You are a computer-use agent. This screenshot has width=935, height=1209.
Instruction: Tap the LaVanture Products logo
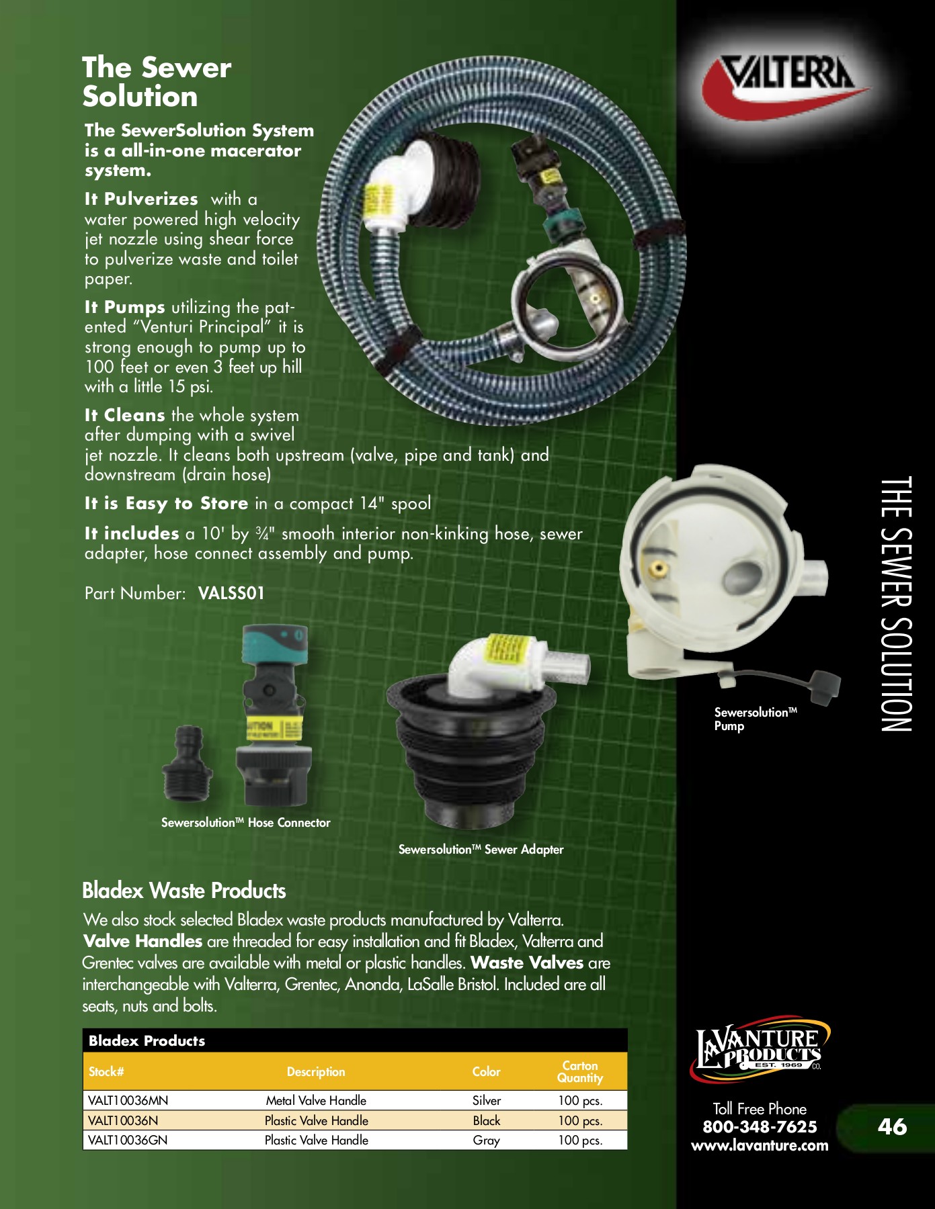pos(760,1048)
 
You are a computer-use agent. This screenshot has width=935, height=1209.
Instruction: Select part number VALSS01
pos(231,594)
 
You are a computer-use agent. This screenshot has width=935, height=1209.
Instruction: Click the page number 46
pos(892,1126)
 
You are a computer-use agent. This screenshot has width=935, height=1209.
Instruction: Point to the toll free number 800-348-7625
pos(760,1127)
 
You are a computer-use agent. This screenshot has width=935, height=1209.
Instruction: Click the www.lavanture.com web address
pos(760,1146)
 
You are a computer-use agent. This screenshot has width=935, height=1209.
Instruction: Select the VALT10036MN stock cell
pos(128,1101)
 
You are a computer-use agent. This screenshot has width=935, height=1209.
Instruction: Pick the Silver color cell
pos(487,1101)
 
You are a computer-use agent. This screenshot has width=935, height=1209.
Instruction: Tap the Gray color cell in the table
pos(486,1140)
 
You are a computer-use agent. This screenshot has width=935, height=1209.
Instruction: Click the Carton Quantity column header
pos(580,1072)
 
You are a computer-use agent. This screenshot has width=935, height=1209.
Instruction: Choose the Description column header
pos(316,1072)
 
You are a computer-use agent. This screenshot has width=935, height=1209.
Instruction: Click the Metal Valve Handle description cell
pos(316,1101)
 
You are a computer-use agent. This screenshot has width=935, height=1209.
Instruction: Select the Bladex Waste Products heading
pos(184,891)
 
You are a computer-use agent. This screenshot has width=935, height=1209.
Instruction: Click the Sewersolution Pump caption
pos(755,719)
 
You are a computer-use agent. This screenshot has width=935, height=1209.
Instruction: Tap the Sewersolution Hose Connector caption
pos(246,823)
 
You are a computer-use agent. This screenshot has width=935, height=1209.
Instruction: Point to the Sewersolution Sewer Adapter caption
pos(481,850)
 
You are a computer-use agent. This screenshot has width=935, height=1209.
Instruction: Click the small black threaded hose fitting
pos(187,764)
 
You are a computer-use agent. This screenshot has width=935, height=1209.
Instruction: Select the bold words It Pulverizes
pos(141,199)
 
